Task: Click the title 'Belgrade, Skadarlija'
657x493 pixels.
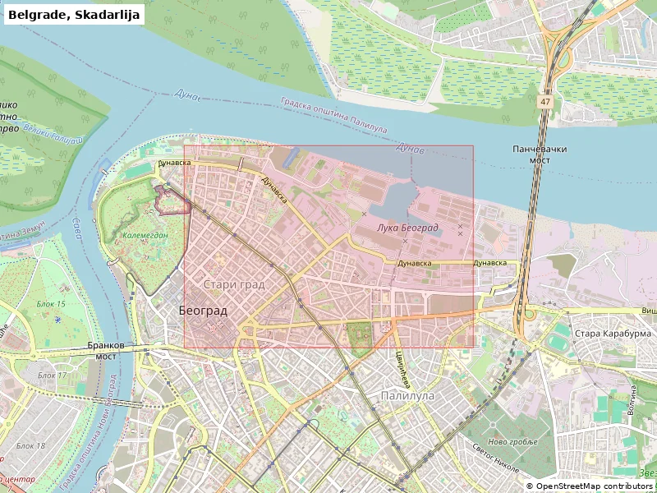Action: (75, 14)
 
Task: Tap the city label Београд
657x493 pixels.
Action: (203, 311)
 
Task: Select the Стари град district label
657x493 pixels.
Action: (233, 284)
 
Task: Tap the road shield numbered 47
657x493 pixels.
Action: (545, 101)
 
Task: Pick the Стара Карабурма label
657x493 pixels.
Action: (612, 334)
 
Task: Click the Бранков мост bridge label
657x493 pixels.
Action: (106, 352)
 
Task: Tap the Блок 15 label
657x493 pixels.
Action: (51, 304)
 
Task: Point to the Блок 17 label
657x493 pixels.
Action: (52, 376)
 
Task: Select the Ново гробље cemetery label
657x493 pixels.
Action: (512, 442)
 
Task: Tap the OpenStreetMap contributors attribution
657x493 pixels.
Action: (589, 486)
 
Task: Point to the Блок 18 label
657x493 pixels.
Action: (30, 445)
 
